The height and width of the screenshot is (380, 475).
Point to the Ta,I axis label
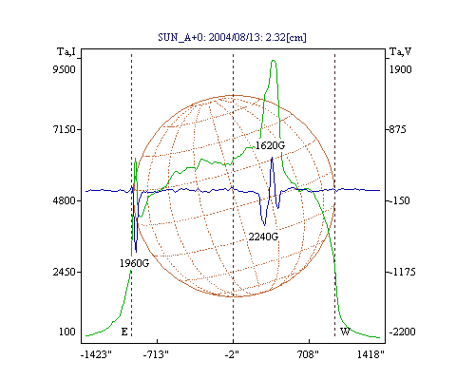click(66, 51)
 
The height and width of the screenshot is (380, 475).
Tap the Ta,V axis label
click(400, 51)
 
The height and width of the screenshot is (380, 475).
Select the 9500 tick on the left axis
click(65, 69)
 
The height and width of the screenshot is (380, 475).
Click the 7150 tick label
click(65, 129)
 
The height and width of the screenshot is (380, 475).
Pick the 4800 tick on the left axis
click(65, 200)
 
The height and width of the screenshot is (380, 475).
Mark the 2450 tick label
click(65, 272)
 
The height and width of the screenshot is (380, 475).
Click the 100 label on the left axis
click(67, 332)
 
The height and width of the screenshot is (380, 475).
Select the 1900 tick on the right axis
click(400, 69)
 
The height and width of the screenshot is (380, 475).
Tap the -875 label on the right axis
click(396, 129)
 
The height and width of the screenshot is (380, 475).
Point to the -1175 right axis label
click(402, 272)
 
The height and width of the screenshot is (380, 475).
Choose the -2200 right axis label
click(402, 332)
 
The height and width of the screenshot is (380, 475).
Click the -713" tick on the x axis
click(156, 354)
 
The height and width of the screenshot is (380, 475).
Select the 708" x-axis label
click(308, 354)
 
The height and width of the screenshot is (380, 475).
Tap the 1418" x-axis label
click(370, 354)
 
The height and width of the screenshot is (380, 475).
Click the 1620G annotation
click(270, 145)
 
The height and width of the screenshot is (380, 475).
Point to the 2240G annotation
click(263, 237)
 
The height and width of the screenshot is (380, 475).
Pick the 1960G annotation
click(134, 263)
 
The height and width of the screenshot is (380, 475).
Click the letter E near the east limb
click(124, 332)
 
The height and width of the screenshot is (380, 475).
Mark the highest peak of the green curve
click(274, 60)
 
